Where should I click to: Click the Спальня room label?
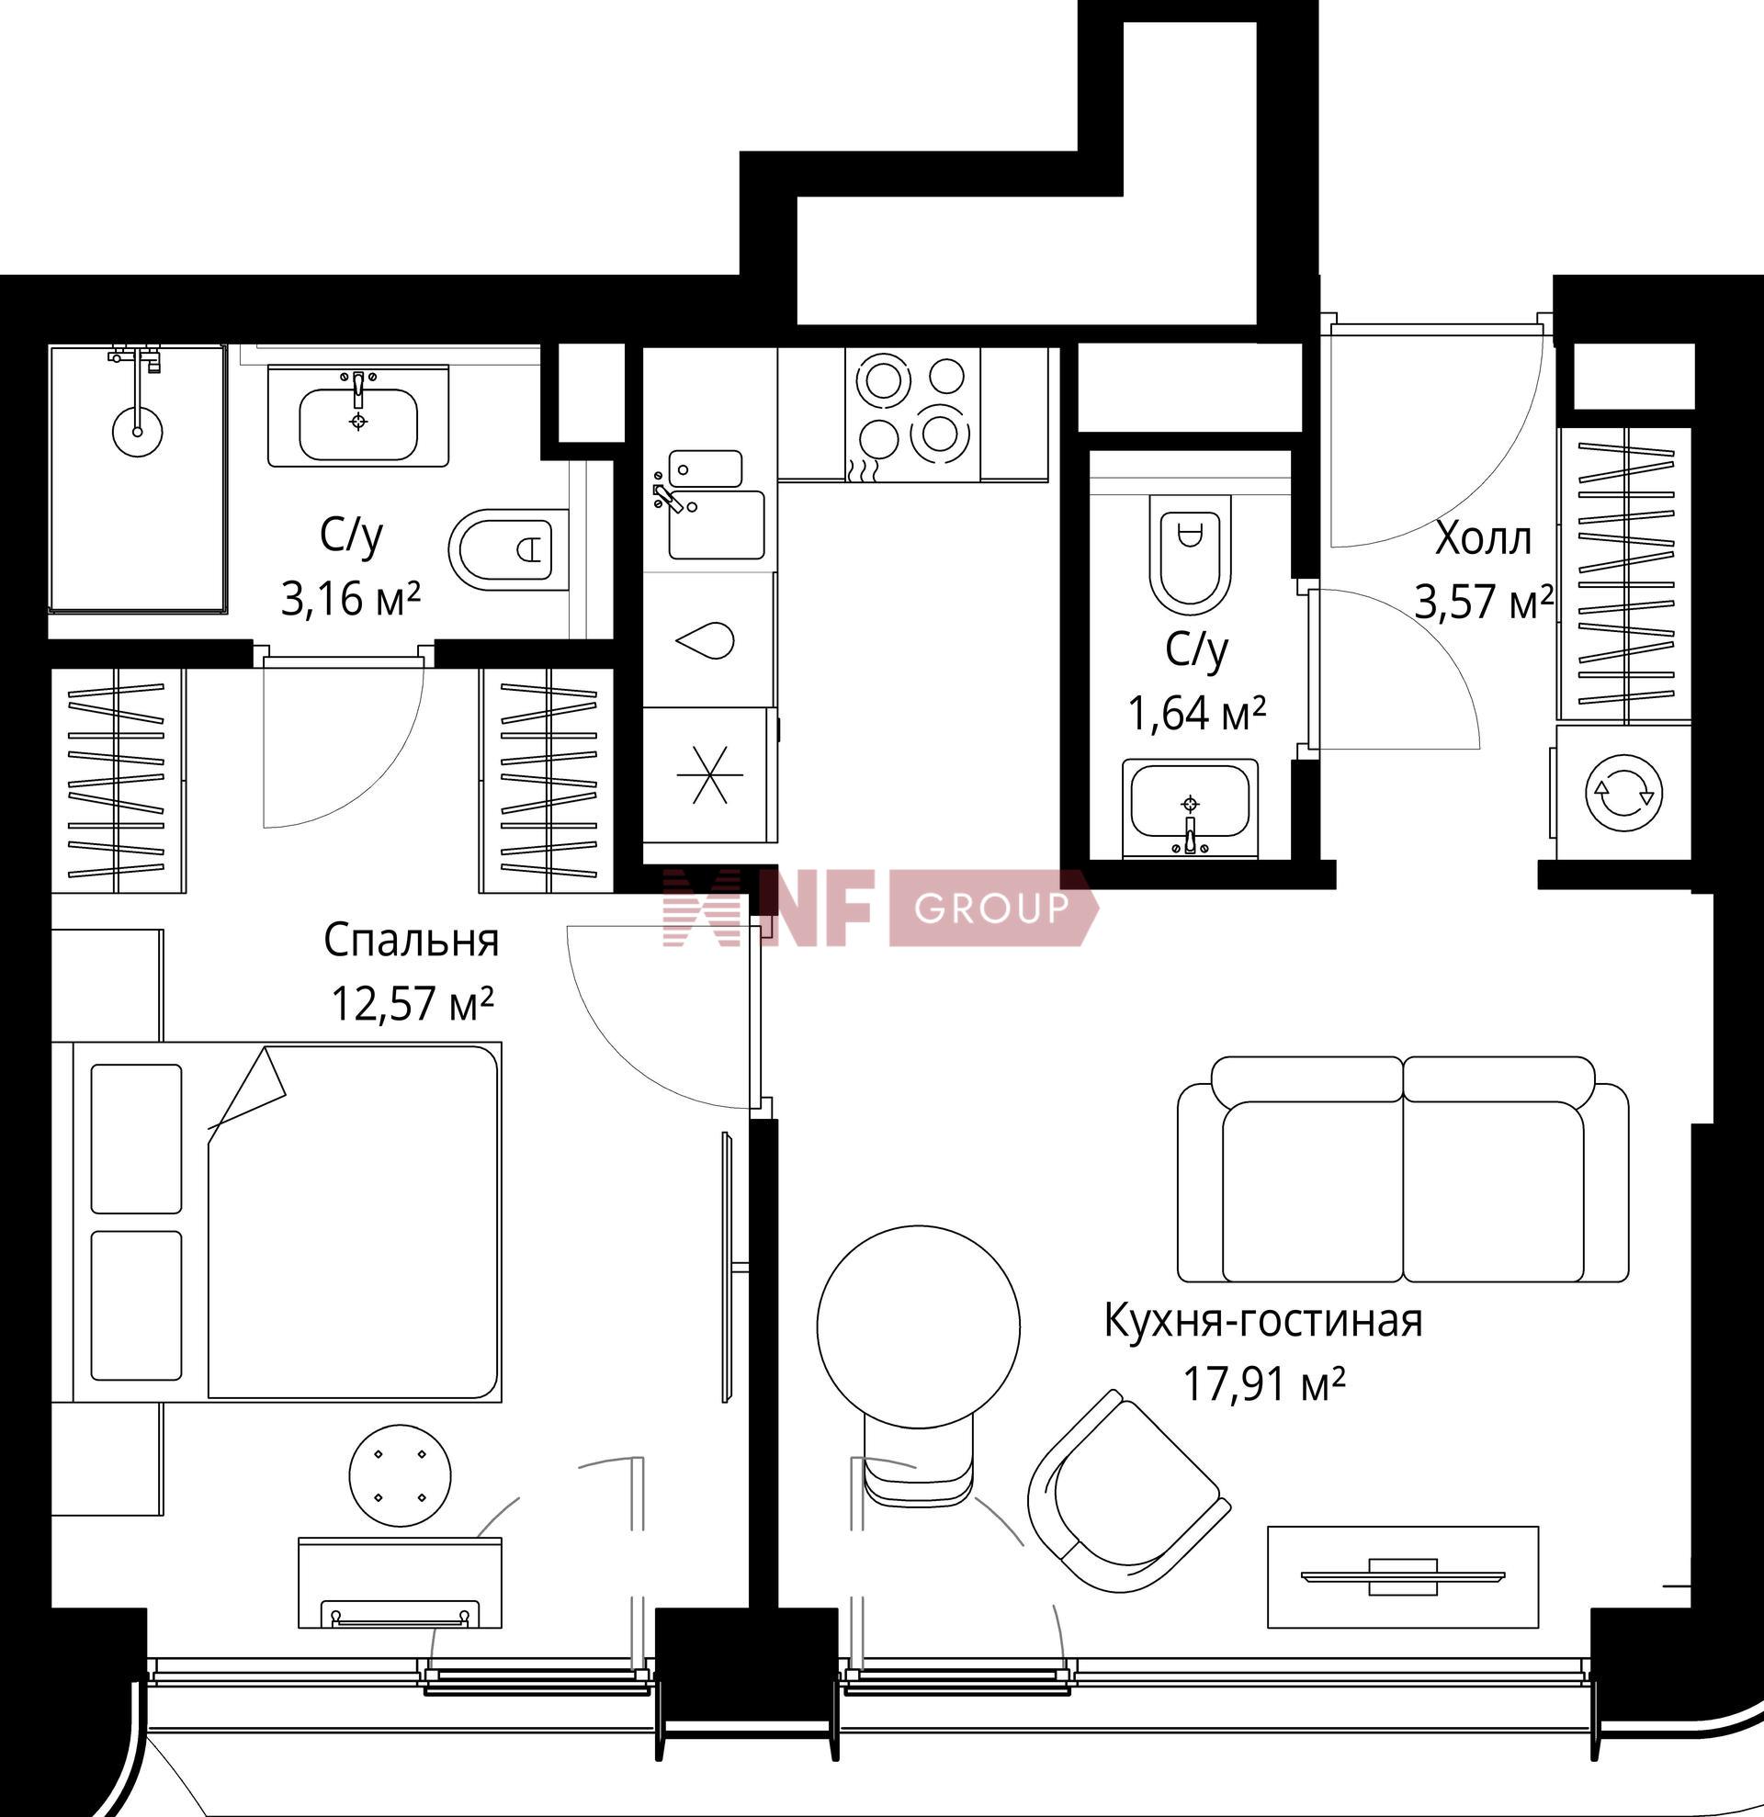411,941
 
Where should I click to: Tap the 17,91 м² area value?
1263,1385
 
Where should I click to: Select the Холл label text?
1483,538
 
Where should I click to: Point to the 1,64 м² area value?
1197,713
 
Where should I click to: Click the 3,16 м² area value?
350,599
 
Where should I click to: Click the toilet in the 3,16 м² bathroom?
509,548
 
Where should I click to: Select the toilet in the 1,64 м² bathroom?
1190,554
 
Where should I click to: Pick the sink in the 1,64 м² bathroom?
1191,807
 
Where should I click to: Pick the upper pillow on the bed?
136,1138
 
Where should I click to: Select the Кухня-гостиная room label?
1262,1320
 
